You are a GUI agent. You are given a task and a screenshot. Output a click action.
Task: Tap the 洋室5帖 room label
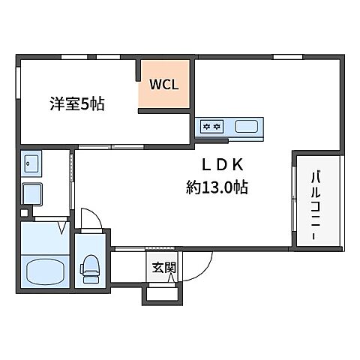(76, 105)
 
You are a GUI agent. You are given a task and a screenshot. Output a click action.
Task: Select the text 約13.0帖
(218, 188)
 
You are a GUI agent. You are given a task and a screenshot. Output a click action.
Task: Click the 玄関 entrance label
(164, 267)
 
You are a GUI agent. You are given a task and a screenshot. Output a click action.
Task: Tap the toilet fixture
(91, 267)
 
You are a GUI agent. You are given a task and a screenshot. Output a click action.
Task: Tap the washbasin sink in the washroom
(31, 163)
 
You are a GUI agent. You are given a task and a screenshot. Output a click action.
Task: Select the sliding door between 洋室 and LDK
(112, 145)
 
